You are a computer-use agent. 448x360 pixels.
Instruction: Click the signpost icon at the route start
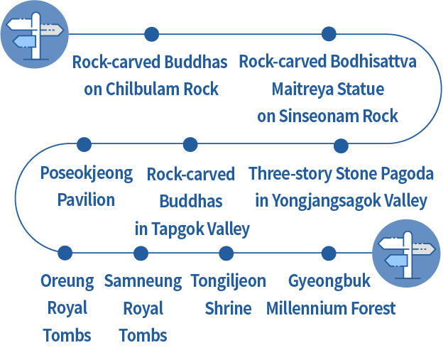pos(35,34)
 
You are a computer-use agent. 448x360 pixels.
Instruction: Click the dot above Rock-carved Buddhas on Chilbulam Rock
pos(151,34)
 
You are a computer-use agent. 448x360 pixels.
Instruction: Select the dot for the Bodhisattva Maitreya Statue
pos(328,34)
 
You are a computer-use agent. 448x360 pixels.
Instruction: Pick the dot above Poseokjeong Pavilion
pos(84,145)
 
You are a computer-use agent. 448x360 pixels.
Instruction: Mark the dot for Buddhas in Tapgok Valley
pos(190,145)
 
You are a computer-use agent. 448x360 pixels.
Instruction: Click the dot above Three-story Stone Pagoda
pos(341,146)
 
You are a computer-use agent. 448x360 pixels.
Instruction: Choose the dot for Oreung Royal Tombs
pos(65,253)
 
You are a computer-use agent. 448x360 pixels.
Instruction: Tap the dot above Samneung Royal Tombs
pos(141,253)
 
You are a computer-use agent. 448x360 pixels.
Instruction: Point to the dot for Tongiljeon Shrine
pos(226,253)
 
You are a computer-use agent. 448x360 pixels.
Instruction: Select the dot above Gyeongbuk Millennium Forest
pos(328,253)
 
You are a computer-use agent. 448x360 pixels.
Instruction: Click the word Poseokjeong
pos(87,174)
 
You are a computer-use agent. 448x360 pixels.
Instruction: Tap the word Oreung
pos(67,281)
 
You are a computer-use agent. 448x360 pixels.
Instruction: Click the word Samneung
pos(143,281)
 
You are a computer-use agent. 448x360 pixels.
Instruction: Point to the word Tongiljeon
pos(228,281)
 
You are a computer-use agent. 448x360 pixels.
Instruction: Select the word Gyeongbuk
pos(329,281)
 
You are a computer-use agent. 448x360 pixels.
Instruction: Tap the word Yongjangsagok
pos(322,202)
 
